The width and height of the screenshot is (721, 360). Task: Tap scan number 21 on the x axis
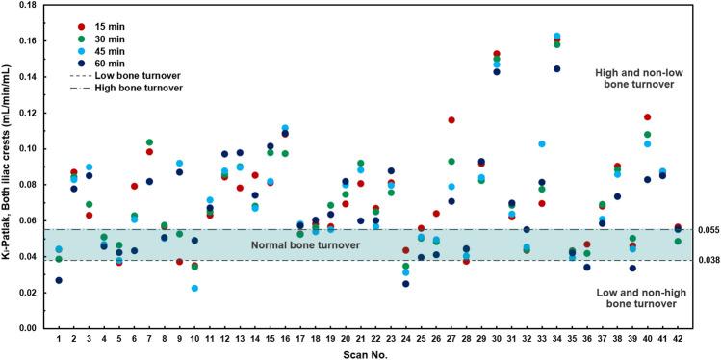tap(361, 339)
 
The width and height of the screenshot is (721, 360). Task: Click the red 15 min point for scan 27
tap(450, 120)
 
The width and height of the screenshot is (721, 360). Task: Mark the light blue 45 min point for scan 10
tap(195, 288)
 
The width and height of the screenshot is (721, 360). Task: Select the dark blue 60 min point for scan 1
tap(59, 280)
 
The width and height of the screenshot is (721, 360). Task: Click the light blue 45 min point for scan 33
tap(542, 144)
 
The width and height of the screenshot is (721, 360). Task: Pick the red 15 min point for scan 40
tap(647, 116)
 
